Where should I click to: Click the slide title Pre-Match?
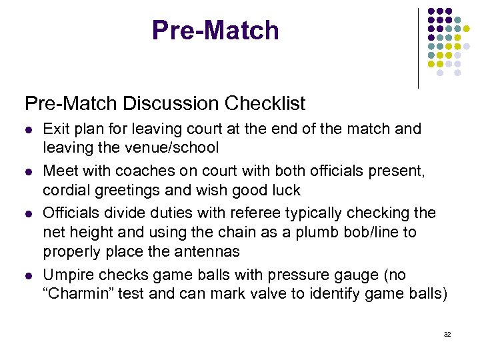[215, 31]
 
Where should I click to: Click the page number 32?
[447, 334]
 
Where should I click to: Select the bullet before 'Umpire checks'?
[28, 276]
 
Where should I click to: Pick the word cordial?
[66, 190]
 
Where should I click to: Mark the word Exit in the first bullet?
[55, 129]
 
